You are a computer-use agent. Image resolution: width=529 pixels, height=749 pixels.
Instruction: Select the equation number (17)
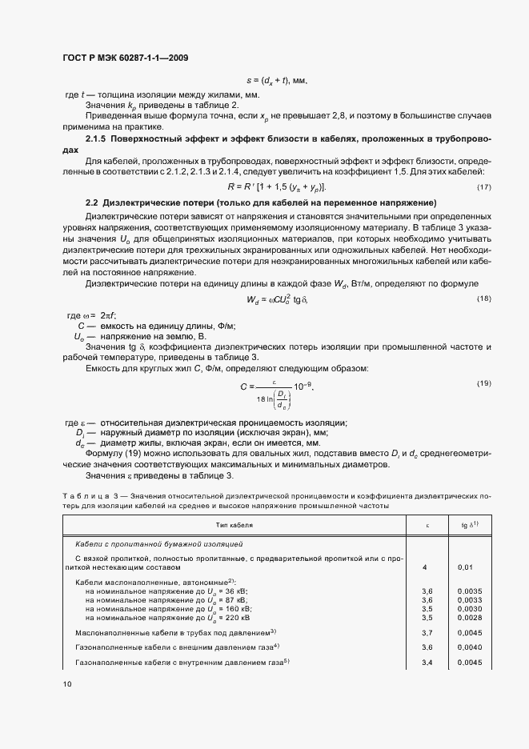pos(483,186)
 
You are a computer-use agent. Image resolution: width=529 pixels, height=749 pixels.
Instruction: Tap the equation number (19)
pos(483,384)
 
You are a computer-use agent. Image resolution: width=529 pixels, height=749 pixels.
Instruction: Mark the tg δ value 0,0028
pos(468,618)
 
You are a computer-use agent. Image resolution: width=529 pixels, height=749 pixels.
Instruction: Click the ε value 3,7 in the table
pos(427,631)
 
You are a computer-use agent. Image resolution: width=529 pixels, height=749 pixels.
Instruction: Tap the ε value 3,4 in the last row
pos(427,663)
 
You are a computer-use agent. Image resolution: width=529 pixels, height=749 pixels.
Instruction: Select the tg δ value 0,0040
pos(468,647)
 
